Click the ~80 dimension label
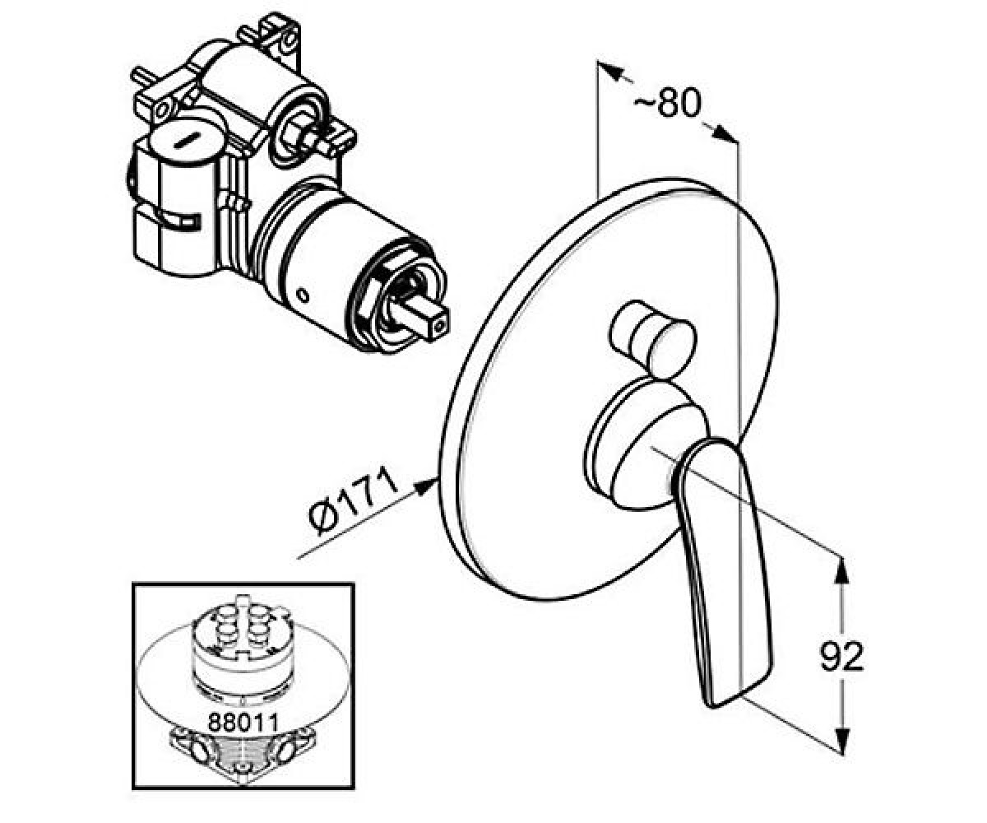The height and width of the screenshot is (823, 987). coord(667,103)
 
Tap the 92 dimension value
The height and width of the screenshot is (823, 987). coord(841,657)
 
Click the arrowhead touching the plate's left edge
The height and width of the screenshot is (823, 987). coord(425,486)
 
